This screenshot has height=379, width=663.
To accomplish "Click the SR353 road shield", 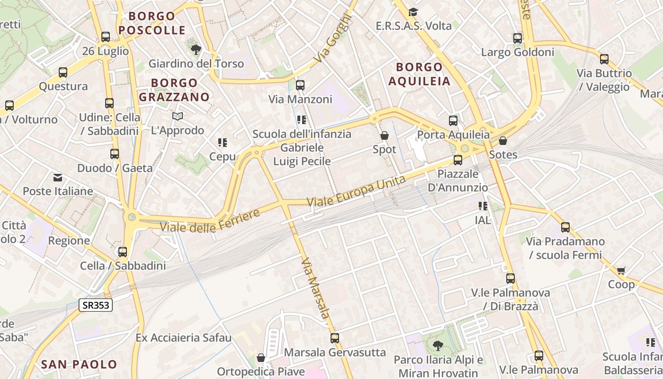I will pyautogui.click(x=96, y=305).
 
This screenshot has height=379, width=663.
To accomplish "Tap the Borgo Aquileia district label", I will pyautogui.click(x=419, y=74).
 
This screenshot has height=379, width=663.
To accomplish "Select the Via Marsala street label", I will pyautogui.click(x=315, y=288).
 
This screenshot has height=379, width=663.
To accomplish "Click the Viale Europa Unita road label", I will pyautogui.click(x=356, y=191).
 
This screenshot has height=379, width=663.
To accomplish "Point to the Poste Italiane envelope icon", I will pyautogui.click(x=58, y=178).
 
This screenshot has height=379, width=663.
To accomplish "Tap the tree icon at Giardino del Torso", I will pyautogui.click(x=196, y=49).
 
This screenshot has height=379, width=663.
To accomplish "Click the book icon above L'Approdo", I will pyautogui.click(x=178, y=116).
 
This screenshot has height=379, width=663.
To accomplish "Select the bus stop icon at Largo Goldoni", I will pyautogui.click(x=518, y=38).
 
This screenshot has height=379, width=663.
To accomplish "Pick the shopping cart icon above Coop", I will pyautogui.click(x=621, y=271).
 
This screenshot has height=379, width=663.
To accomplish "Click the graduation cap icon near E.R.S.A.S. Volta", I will pyautogui.click(x=413, y=12).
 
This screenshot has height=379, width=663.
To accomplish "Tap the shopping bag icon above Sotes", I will pyautogui.click(x=503, y=141).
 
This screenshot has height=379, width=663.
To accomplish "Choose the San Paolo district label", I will pyautogui.click(x=79, y=364).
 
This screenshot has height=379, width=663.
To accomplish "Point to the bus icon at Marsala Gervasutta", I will pyautogui.click(x=335, y=338).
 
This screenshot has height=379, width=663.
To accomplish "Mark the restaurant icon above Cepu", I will pyautogui.click(x=223, y=143).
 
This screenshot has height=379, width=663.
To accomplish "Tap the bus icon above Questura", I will pyautogui.click(x=63, y=72).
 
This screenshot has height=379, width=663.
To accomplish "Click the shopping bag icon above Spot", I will pyautogui.click(x=385, y=135).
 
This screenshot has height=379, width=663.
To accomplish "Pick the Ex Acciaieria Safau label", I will pyautogui.click(x=183, y=338).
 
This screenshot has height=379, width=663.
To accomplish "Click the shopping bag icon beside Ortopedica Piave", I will pyautogui.click(x=260, y=358).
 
